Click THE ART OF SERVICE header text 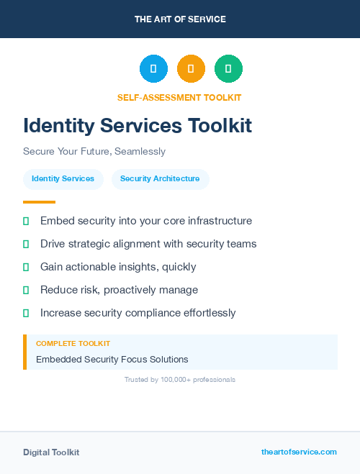coord(180,19)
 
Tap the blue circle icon coord(153,69)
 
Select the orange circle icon coord(191,69)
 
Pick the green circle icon coord(228,69)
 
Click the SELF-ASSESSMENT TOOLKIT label coord(179,97)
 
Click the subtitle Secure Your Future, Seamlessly coord(94,152)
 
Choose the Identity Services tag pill coord(63,178)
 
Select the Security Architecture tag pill coord(160,178)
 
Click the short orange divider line coord(39,202)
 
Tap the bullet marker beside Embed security coord(26,221)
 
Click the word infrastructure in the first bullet coord(217,221)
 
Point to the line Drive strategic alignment coord(148,244)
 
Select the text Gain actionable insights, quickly coord(118,267)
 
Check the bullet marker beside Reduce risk coord(26,290)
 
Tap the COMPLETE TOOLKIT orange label coord(73,344)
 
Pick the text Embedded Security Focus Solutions coord(112,359)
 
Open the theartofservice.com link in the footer coord(299,452)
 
